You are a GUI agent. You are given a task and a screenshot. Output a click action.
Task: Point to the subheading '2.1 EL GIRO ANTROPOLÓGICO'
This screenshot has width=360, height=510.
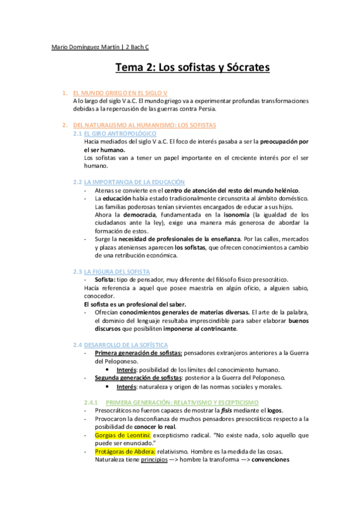tap(114, 133)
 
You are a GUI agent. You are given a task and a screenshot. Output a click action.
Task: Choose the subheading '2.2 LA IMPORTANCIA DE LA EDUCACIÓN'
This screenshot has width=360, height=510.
tap(129, 182)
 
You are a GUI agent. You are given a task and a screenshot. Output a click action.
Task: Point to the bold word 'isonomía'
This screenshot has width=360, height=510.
tap(233, 214)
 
